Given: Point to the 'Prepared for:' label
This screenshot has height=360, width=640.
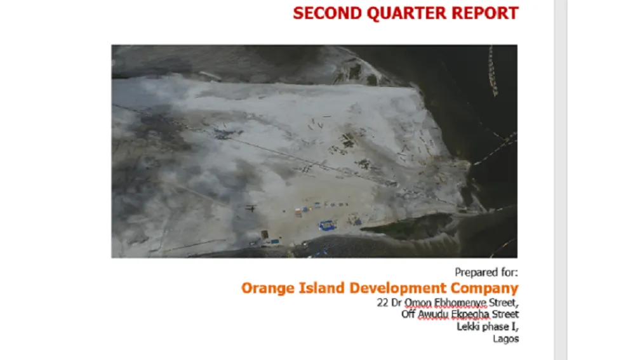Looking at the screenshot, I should pyautogui.click(x=486, y=272).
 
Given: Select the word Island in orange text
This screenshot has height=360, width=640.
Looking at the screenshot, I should pyautogui.click(x=319, y=288).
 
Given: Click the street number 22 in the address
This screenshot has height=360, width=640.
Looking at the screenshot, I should pyautogui.click(x=382, y=302).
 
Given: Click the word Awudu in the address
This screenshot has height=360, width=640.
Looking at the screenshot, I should pyautogui.click(x=434, y=314).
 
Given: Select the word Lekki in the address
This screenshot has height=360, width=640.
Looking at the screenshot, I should pyautogui.click(x=469, y=327).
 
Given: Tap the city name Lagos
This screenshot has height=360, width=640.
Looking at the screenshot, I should pyautogui.click(x=506, y=339).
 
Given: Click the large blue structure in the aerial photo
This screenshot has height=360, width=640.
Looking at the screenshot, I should pyautogui.click(x=327, y=225).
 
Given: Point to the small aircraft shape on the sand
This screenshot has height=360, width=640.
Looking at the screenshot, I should pyautogui.click(x=252, y=208).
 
